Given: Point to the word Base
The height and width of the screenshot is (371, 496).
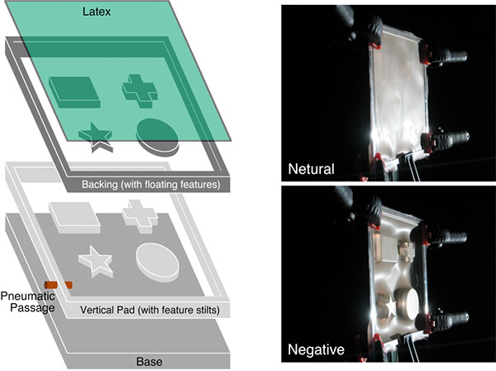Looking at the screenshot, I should [x=150, y=360].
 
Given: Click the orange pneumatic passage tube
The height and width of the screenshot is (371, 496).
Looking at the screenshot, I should [x=58, y=285].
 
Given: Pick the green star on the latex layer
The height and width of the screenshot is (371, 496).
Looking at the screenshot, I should [x=97, y=136].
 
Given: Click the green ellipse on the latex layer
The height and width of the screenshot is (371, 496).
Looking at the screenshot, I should [x=157, y=134].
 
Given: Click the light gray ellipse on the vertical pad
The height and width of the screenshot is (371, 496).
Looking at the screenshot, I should [x=158, y=262].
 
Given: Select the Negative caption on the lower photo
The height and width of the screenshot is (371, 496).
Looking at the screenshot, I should [x=317, y=350].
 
